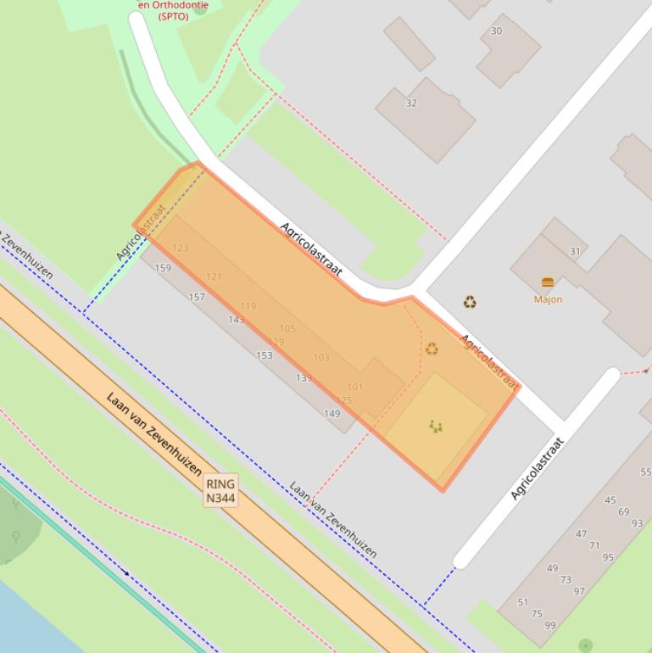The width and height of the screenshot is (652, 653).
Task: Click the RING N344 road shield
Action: [220, 490]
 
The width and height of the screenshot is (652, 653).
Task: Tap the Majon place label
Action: [548, 299]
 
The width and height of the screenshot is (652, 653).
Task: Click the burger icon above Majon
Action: [548, 282]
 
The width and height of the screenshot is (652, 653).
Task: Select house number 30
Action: [496, 31]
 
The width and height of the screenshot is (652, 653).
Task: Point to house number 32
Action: [411, 103]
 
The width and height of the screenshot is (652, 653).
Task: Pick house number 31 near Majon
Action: [575, 251]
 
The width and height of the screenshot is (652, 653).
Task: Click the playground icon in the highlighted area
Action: [436, 426]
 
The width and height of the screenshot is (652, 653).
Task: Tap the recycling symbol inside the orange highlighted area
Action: [432, 349]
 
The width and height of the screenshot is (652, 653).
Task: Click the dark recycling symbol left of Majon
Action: [470, 302]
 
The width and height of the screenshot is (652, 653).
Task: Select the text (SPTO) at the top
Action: [173, 16]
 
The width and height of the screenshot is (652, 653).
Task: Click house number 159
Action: [163, 268]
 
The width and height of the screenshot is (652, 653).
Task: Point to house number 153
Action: [265, 355]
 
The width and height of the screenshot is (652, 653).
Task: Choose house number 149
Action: [332, 414]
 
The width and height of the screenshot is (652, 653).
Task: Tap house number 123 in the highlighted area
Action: [180, 248]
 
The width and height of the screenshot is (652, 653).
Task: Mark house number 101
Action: [354, 387]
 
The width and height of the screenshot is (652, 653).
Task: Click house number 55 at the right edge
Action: [645, 472]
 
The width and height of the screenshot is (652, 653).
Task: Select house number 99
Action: [550, 625]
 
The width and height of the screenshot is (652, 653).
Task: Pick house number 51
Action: [523, 603]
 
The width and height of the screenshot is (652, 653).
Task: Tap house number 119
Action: [248, 306]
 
